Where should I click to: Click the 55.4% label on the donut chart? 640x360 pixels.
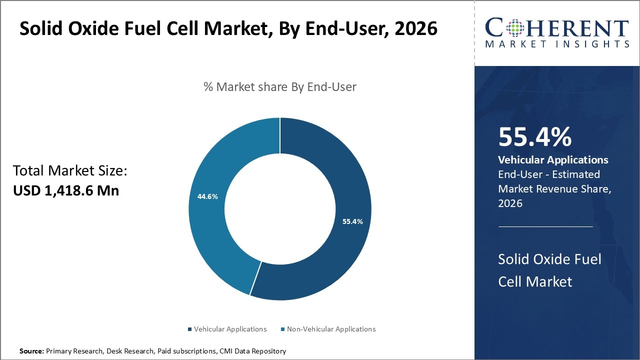[352, 221]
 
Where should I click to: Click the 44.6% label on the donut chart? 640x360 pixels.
[207, 196]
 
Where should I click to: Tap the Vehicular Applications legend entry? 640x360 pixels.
[227, 329]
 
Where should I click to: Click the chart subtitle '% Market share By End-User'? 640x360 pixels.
[280, 87]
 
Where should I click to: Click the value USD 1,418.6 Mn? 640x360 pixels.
[66, 190]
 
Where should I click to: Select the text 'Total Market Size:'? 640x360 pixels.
[70, 171]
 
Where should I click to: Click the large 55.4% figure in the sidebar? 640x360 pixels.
[534, 137]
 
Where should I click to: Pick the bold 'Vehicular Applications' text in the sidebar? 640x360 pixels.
[553, 160]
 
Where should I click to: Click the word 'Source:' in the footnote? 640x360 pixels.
[31, 351]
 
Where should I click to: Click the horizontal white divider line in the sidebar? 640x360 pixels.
[545, 226]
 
